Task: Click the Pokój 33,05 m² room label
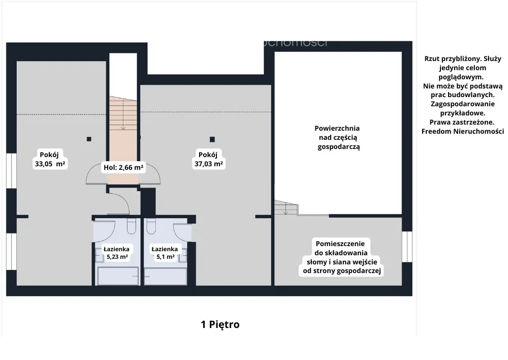(50, 159)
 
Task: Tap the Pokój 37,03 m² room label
(208, 159)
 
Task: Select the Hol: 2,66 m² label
(123, 167)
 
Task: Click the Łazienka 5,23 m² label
(117, 253)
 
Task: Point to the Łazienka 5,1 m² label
(165, 253)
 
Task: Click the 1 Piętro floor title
(220, 324)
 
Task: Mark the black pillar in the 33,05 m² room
(89, 139)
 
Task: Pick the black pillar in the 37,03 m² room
(212, 139)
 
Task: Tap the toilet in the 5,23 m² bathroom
(132, 226)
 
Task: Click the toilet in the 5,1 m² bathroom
(151, 226)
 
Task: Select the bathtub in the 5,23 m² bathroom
(118, 276)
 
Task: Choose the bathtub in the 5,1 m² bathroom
(166, 276)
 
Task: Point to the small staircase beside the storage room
(286, 207)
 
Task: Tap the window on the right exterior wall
(407, 247)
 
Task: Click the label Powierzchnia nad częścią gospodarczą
(338, 137)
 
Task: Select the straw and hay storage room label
(341, 257)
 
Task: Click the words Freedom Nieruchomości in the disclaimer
(463, 131)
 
